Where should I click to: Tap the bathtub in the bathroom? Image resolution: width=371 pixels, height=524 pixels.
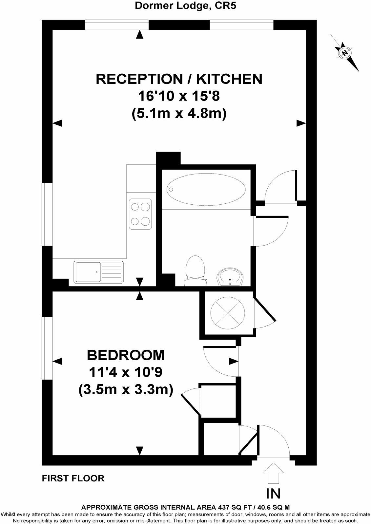(206, 189)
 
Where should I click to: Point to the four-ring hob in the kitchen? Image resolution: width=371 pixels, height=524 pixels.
(140, 214)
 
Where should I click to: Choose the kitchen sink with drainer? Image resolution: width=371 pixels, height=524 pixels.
(98, 272)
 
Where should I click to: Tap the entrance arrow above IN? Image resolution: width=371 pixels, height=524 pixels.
(274, 473)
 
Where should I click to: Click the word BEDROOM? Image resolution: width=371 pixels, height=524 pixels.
(126, 355)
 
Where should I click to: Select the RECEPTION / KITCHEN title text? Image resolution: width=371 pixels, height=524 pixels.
(179, 79)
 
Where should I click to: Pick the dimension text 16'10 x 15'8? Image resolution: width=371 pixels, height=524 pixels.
(179, 97)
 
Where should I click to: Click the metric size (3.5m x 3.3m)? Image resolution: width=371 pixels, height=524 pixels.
(126, 390)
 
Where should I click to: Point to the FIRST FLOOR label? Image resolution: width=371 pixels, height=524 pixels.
(73, 478)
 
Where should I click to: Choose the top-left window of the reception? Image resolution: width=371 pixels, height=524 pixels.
(117, 25)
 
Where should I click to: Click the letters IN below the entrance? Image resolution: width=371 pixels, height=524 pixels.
(274, 493)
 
